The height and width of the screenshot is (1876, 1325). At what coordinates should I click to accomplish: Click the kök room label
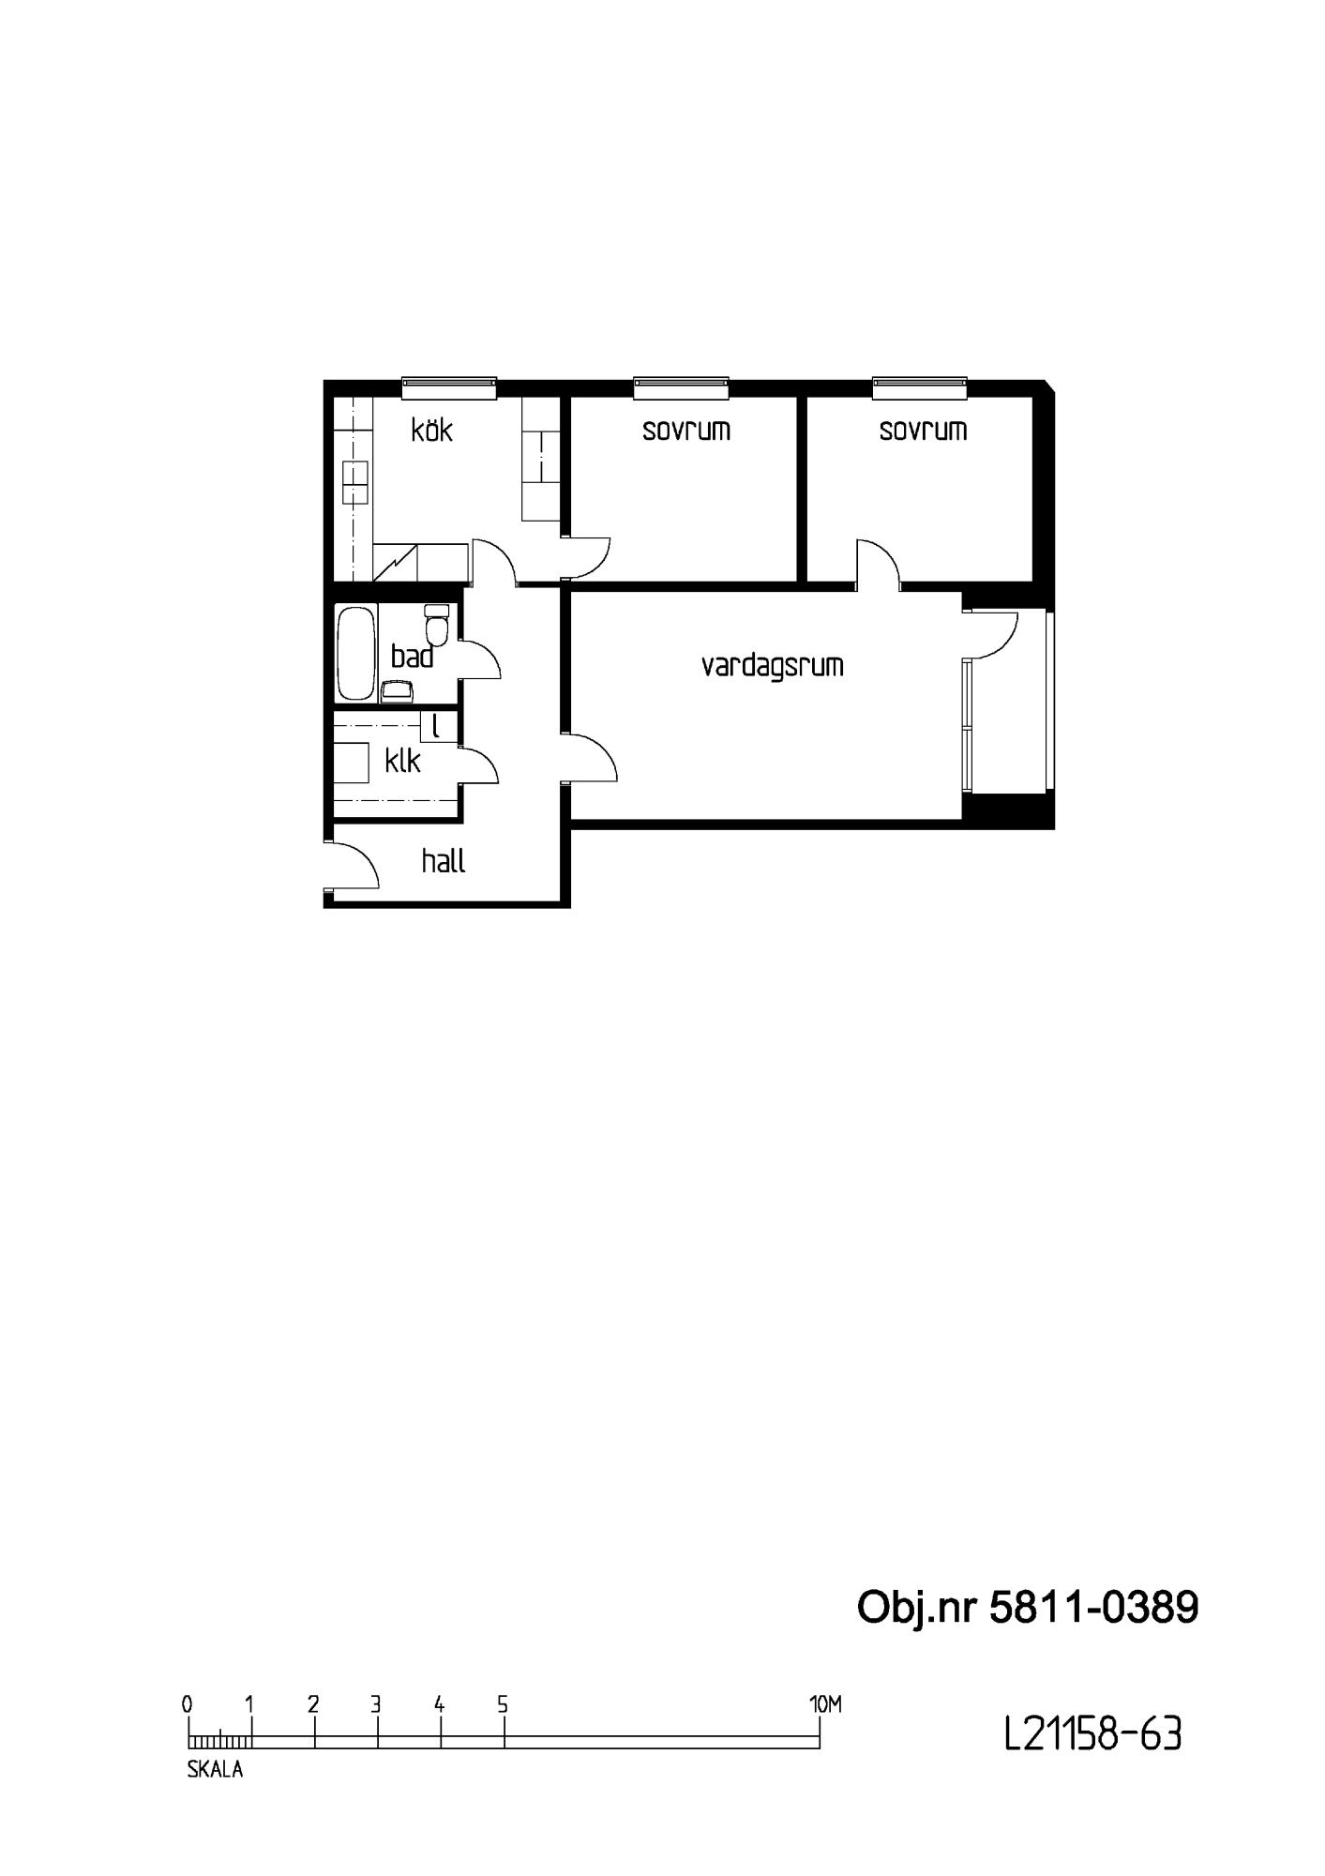(432, 430)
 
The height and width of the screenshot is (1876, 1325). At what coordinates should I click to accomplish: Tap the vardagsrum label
(773, 666)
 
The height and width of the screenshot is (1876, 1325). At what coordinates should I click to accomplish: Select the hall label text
(444, 861)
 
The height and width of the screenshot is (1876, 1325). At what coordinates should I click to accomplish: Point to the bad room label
(413, 657)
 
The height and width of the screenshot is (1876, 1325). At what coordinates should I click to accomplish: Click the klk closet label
(403, 760)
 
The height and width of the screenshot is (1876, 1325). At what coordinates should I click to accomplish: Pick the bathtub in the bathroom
(356, 654)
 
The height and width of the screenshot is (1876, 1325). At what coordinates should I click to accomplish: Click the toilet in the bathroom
(437, 621)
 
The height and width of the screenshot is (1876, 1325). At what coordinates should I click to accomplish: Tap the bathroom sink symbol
(398, 691)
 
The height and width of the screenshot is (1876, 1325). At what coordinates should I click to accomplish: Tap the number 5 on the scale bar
(503, 1704)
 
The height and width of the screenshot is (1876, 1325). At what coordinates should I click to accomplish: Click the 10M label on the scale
(825, 1704)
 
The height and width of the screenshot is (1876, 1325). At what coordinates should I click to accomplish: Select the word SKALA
(215, 1770)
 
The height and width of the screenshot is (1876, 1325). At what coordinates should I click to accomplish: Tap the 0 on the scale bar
(188, 1704)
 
